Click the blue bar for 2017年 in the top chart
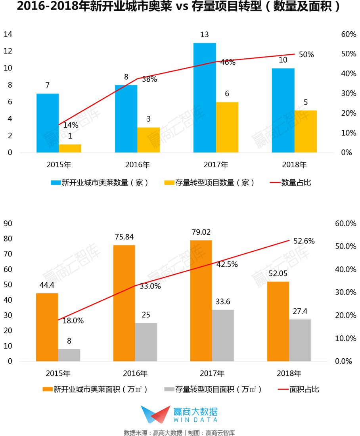205,98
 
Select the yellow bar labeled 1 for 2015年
70,148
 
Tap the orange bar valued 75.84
124,303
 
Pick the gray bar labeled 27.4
300,340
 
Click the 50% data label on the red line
306,55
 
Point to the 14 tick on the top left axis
8,34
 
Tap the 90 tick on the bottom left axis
8,224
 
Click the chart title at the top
179,8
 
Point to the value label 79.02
201,232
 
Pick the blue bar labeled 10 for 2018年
283,110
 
